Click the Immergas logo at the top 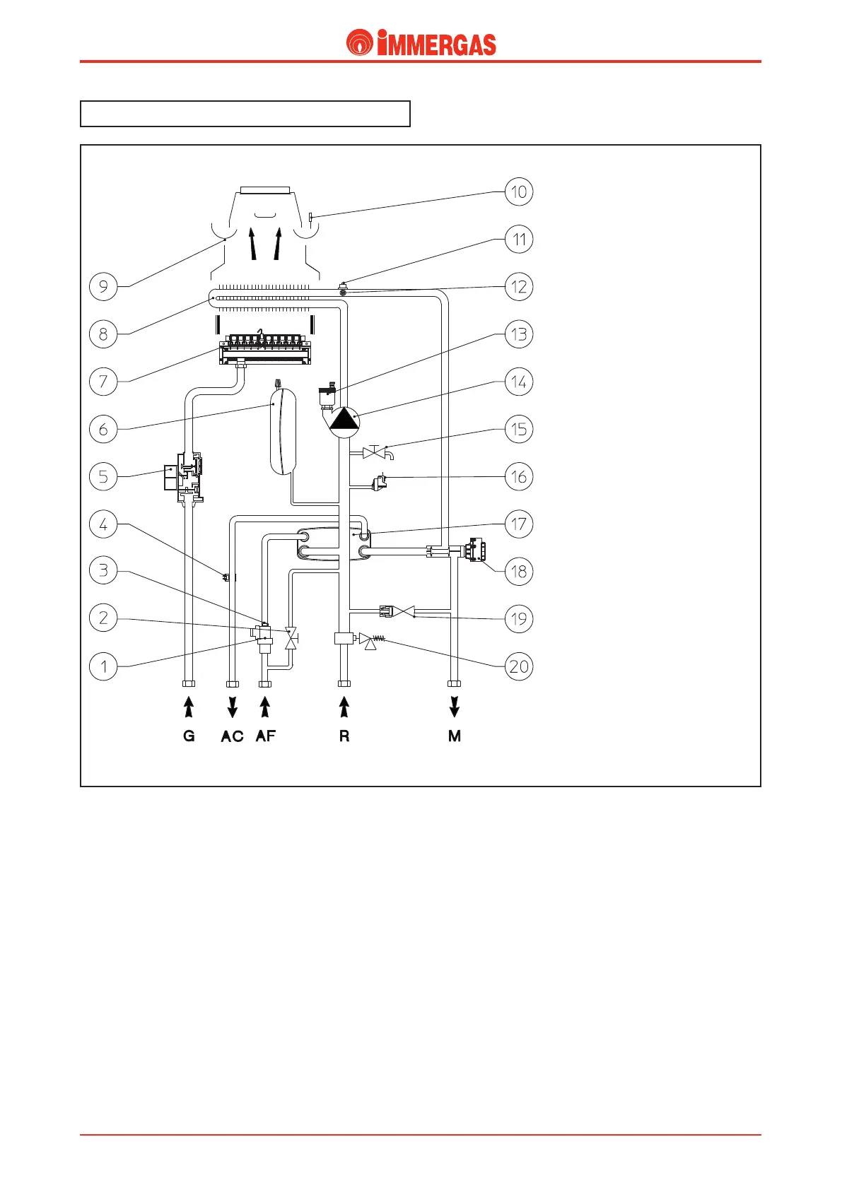click(421, 43)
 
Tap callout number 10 click(519, 192)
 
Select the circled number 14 click(519, 382)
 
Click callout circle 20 click(519, 666)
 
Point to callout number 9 click(103, 286)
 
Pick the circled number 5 click(103, 476)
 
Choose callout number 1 click(103, 666)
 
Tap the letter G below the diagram click(189, 736)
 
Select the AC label click(232, 736)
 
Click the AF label click(266, 736)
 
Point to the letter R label click(344, 736)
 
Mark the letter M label click(455, 736)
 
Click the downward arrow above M click(455, 707)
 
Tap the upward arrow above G click(189, 707)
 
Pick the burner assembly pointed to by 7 click(265, 348)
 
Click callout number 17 click(519, 524)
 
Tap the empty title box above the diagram click(245, 114)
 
